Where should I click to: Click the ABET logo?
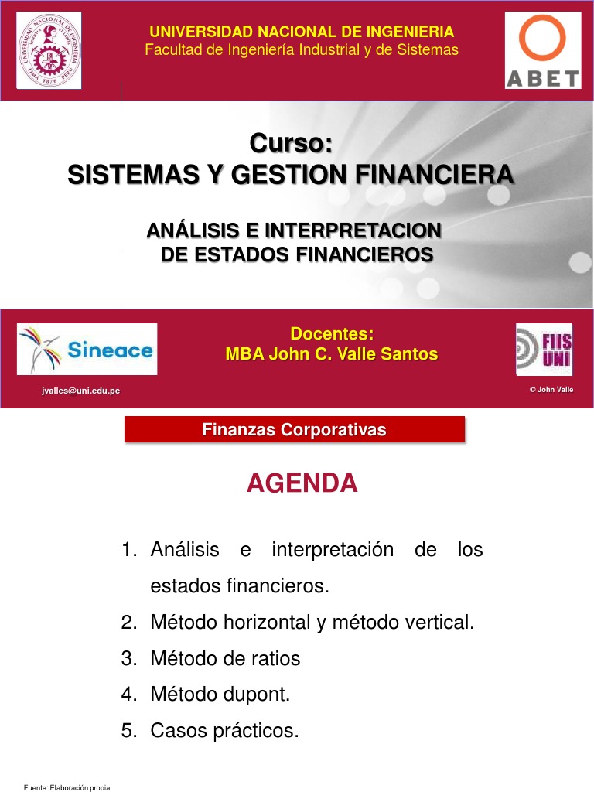(x=543, y=50)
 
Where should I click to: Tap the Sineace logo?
(x=87, y=349)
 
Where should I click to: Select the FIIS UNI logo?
(x=544, y=349)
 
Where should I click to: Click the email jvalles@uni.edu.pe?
(x=81, y=391)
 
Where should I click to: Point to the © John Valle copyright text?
(x=551, y=389)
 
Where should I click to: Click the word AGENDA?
(x=302, y=483)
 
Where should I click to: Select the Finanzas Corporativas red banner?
(x=295, y=430)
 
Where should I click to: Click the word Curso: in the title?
(x=291, y=143)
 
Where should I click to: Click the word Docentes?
(x=331, y=334)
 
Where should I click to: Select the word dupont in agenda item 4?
(x=259, y=695)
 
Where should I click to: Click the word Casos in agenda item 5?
(x=176, y=731)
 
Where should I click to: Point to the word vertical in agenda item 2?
(x=439, y=623)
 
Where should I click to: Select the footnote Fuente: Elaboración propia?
(x=67, y=787)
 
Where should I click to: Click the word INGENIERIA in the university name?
(x=406, y=32)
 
